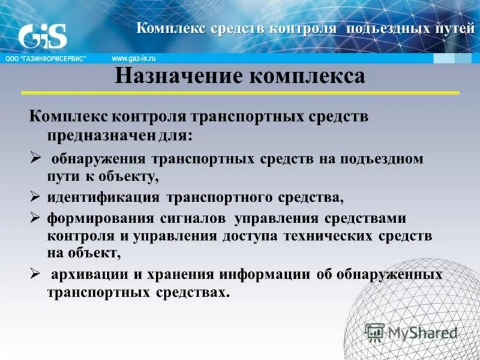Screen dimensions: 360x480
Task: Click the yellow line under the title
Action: [240, 93]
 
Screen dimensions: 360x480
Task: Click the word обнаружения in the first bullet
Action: [98, 160]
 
